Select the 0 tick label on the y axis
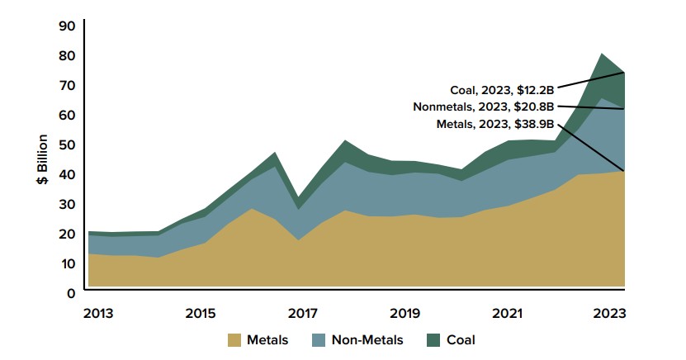tap(72, 292)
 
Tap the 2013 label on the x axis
tap(99, 314)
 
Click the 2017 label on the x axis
tap(303, 314)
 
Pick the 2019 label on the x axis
tap(405, 314)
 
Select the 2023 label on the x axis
tap(609, 314)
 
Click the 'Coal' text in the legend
tap(461, 339)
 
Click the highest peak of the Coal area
tap(602, 54)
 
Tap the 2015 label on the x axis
tap(201, 314)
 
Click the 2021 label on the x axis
tap(507, 314)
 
